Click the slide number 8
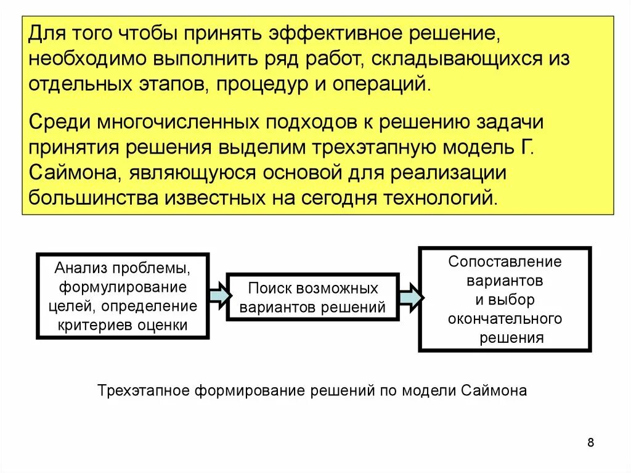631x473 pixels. [591, 442]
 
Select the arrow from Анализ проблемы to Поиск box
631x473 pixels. [218, 296]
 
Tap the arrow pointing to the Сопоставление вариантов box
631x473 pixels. [410, 297]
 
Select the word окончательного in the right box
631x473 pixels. [505, 319]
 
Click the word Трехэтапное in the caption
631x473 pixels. [144, 391]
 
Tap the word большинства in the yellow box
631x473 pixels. [92, 199]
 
